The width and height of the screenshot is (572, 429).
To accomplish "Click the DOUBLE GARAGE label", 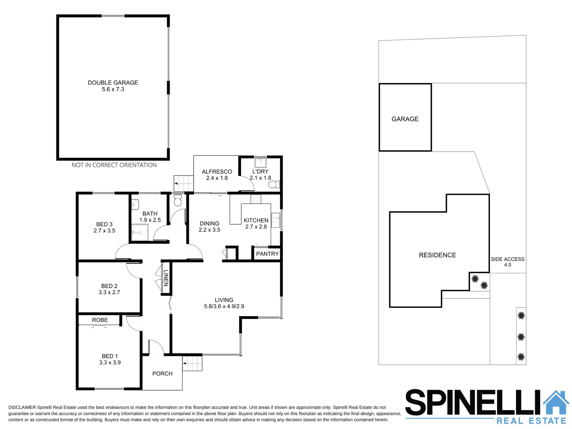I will click(x=113, y=83).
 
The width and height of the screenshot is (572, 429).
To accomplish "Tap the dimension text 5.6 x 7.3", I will click(x=113, y=89).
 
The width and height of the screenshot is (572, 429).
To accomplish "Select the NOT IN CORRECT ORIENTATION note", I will click(x=114, y=165).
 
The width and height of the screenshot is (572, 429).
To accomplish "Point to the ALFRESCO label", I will click(x=217, y=172).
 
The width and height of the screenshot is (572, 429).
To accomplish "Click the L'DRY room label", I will click(x=260, y=172).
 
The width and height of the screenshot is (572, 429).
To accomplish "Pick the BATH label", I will click(x=150, y=214).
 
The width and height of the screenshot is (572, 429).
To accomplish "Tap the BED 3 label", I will click(x=104, y=224).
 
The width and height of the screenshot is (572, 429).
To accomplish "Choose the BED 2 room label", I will click(x=109, y=286).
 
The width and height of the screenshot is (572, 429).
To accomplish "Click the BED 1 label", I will click(x=110, y=356).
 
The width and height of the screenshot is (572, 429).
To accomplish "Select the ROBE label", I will click(x=100, y=320).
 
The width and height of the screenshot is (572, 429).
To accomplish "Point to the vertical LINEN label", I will click(x=166, y=278).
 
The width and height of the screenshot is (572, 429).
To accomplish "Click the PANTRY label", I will click(x=267, y=254).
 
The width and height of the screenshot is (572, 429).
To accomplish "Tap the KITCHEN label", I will click(x=256, y=220).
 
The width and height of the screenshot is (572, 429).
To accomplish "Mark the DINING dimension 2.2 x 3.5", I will click(x=209, y=230).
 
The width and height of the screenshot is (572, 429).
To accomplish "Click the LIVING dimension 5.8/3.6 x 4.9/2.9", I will click(x=224, y=307).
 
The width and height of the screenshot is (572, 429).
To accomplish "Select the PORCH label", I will click(x=162, y=374).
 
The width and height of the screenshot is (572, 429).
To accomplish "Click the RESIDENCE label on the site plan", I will click(x=437, y=255).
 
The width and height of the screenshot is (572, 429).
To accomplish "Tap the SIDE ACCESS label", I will click(x=508, y=259).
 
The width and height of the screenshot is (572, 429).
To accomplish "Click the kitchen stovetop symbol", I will click(x=256, y=199).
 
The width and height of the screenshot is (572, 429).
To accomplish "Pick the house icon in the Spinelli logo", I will click(x=556, y=403).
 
